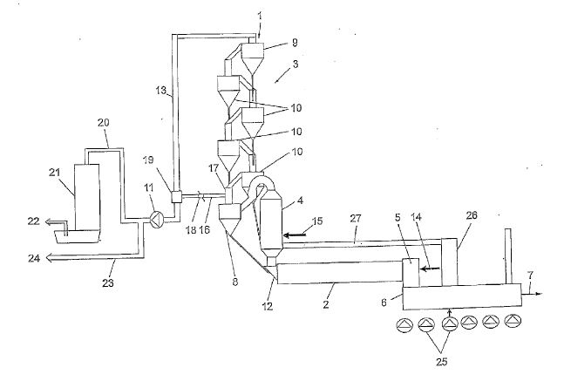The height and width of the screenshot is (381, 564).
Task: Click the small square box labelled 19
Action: [175, 197]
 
